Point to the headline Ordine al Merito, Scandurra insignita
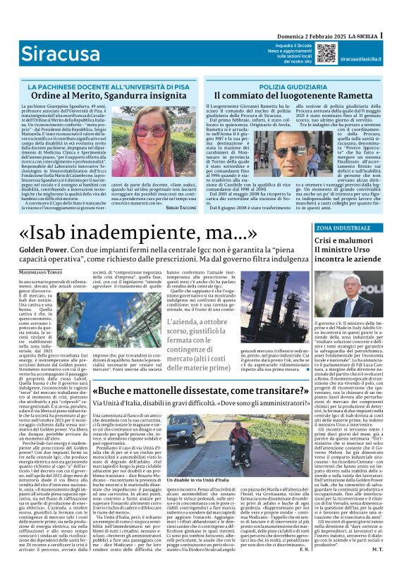tap(102, 94)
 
